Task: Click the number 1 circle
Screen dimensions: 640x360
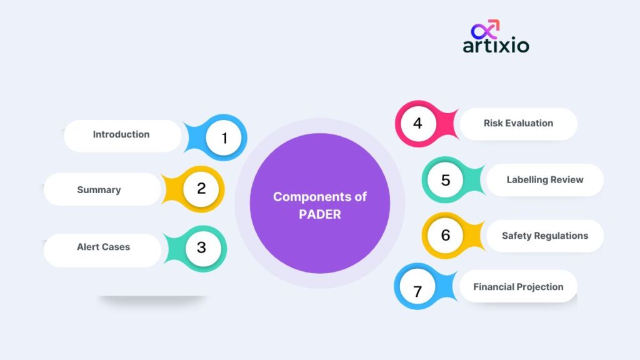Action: (224, 137)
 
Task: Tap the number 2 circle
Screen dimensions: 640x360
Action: (201, 189)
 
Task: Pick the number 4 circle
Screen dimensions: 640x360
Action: (418, 123)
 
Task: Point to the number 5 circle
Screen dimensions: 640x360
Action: (445, 179)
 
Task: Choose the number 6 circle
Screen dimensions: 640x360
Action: (445, 235)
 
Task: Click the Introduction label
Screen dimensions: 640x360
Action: (121, 134)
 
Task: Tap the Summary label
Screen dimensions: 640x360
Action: (99, 190)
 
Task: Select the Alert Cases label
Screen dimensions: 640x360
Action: (103, 247)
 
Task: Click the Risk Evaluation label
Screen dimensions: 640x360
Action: (518, 123)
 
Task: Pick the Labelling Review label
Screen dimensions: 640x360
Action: (545, 179)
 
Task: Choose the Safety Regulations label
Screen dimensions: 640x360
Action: (545, 236)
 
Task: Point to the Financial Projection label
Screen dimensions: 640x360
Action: (518, 287)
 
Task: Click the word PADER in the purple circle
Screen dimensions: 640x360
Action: (319, 214)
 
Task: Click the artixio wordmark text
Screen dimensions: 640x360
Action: (496, 45)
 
